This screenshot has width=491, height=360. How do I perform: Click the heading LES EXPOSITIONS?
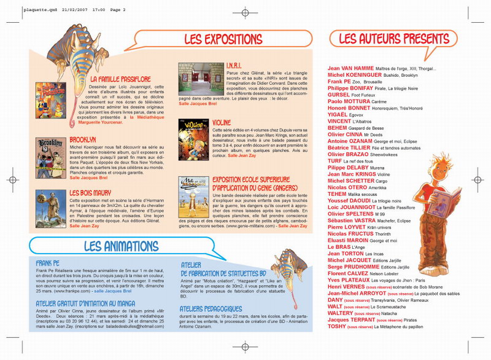point(223,39)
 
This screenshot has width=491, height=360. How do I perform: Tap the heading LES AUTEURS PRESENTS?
point(384,39)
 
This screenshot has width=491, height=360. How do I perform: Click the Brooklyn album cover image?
point(50,154)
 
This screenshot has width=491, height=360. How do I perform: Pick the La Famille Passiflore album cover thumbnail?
point(50,100)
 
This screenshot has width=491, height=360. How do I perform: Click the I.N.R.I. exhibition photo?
point(193,79)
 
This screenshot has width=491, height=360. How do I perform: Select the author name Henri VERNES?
point(346,286)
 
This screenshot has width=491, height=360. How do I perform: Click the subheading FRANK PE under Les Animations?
point(47,262)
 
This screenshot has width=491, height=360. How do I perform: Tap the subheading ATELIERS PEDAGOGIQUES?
point(211,308)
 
